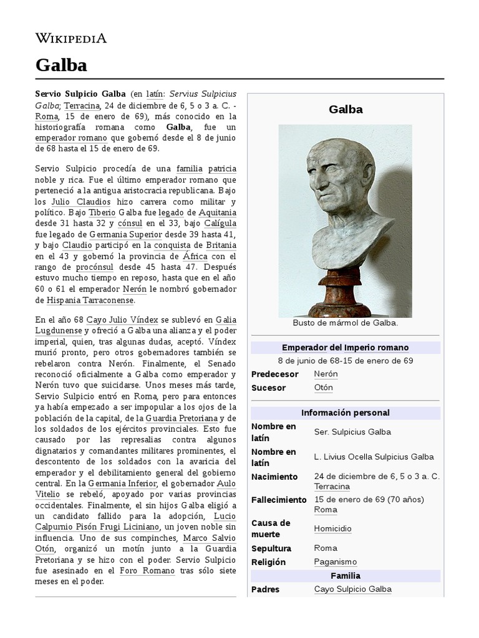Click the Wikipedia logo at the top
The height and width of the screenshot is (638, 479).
[70, 38]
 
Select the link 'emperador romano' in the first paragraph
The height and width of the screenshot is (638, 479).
[70, 138]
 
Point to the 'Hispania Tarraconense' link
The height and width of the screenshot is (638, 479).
[90, 300]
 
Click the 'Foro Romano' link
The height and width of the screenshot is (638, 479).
[135, 570]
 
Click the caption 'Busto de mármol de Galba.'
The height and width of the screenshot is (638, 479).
[345, 323]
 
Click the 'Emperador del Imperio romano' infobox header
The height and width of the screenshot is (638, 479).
[345, 348]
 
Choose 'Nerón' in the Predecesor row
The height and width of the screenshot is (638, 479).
[326, 374]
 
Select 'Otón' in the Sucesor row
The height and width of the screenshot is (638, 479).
[323, 388]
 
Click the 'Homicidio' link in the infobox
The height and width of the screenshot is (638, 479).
[332, 528]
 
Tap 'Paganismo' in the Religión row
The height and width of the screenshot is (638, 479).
[335, 562]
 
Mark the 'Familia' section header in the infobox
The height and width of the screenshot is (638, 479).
[345, 576]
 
